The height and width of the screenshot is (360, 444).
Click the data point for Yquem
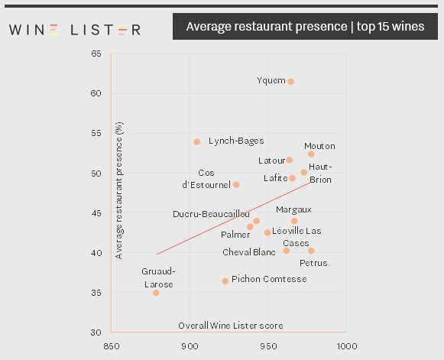(x=290, y=82)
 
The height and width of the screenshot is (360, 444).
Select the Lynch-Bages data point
(x=196, y=141)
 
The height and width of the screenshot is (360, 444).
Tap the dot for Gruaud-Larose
(x=156, y=293)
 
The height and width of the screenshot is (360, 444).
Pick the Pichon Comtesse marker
(x=225, y=281)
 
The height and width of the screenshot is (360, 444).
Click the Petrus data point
(x=311, y=251)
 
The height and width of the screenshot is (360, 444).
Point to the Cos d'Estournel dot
(x=236, y=184)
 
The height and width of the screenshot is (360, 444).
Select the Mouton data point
(x=311, y=154)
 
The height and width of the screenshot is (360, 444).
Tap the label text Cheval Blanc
(x=249, y=251)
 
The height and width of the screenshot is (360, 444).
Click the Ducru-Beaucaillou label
(x=211, y=214)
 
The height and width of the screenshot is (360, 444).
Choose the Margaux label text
(x=293, y=209)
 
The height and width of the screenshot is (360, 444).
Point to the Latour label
(x=271, y=161)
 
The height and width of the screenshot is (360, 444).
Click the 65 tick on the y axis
(x=96, y=54)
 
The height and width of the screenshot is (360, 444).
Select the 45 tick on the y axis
(x=96, y=213)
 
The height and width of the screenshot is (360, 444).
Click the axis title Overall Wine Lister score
(x=220, y=326)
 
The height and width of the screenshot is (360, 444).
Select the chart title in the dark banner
(x=305, y=28)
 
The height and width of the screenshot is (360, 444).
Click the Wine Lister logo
(x=74, y=30)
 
